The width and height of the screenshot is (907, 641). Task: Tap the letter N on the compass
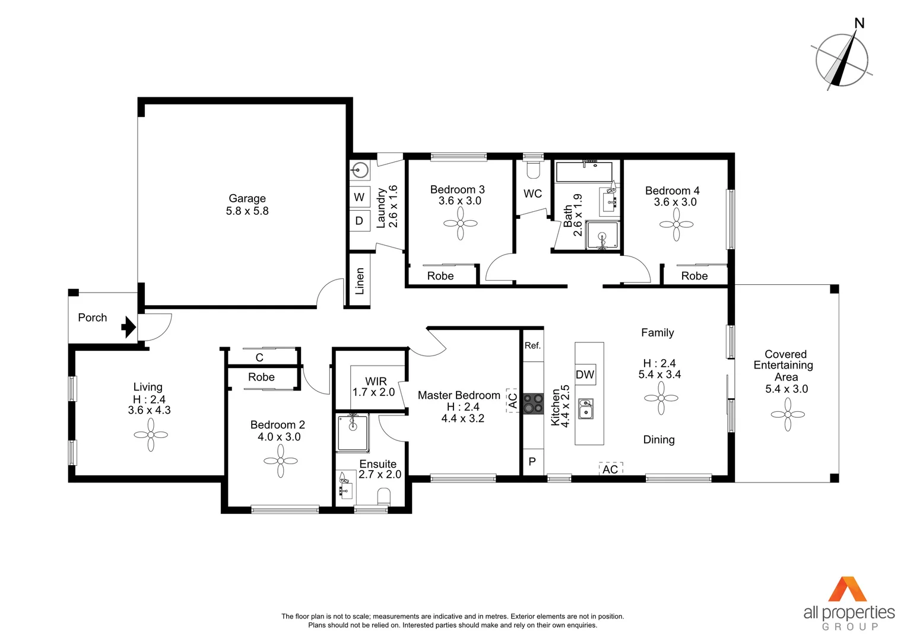click(x=859, y=23)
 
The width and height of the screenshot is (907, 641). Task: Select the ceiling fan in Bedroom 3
click(x=460, y=223)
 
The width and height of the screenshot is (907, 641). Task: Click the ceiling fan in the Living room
click(x=151, y=435)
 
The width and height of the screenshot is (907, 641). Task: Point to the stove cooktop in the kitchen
click(x=533, y=404)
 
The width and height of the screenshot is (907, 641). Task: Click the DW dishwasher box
click(x=585, y=375)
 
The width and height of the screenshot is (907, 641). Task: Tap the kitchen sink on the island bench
click(x=586, y=408)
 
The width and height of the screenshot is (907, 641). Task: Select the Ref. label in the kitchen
click(x=532, y=345)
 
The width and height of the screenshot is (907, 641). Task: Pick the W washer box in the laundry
click(x=359, y=197)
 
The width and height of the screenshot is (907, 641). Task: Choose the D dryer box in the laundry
click(x=359, y=221)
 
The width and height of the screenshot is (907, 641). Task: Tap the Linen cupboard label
click(x=359, y=281)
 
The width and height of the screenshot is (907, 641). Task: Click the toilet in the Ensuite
click(x=384, y=496)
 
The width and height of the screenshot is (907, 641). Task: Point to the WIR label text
click(x=376, y=381)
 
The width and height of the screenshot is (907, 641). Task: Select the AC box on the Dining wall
click(x=610, y=469)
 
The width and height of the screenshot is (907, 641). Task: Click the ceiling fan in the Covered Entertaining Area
click(x=788, y=414)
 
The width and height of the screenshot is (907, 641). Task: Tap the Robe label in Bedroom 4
click(x=694, y=276)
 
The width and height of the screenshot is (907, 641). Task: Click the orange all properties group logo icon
click(x=848, y=589)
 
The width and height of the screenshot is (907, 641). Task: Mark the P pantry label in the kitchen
click(x=532, y=461)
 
